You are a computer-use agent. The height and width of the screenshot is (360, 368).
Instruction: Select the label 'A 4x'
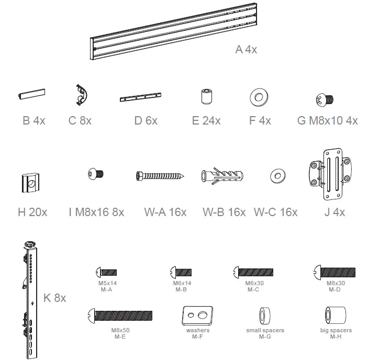pos(246,50)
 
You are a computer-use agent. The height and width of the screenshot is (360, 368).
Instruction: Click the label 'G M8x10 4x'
pos(327,121)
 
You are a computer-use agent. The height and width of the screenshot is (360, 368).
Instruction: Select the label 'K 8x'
pos(54,298)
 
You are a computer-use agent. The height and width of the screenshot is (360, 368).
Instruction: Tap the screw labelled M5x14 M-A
pos(106,272)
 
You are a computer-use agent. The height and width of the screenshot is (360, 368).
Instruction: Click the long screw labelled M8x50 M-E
pos(121,316)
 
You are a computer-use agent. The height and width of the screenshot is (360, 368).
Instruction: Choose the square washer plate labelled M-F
pos(197,315)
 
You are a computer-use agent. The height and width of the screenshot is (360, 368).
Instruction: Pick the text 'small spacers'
pos(265,331)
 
